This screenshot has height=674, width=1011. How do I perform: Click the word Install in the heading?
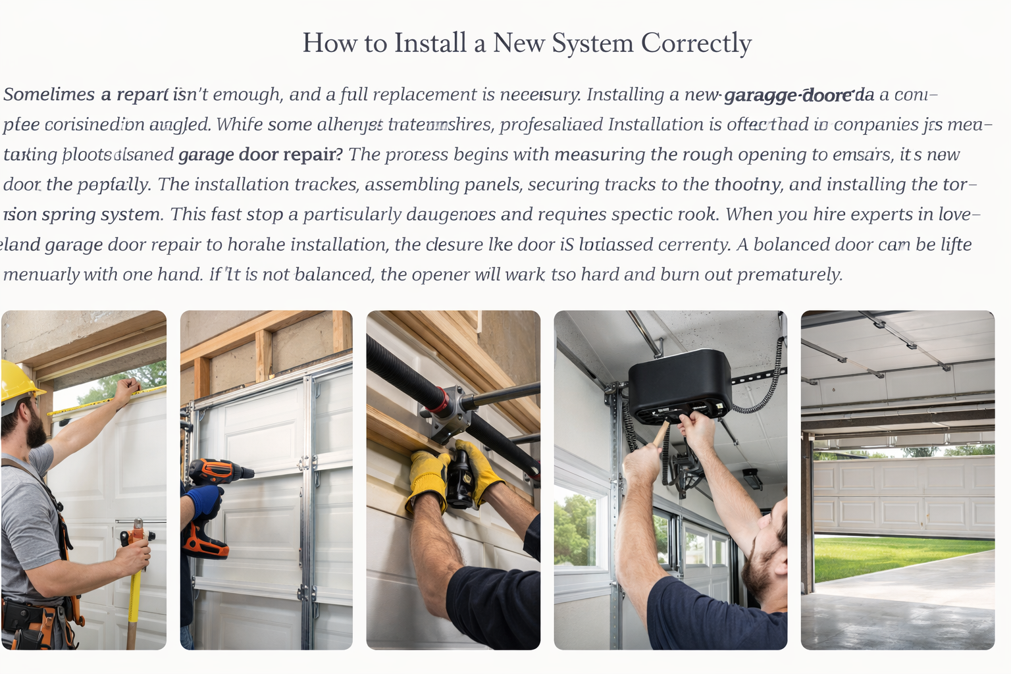point(430,43)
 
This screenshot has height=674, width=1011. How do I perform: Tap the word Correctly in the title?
point(696,43)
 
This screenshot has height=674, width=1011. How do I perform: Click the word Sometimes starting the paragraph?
point(49,95)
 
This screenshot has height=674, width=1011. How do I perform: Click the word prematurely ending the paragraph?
point(789,274)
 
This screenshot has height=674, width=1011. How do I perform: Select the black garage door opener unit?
point(679,385)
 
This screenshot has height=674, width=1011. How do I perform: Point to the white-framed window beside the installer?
point(579,527)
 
